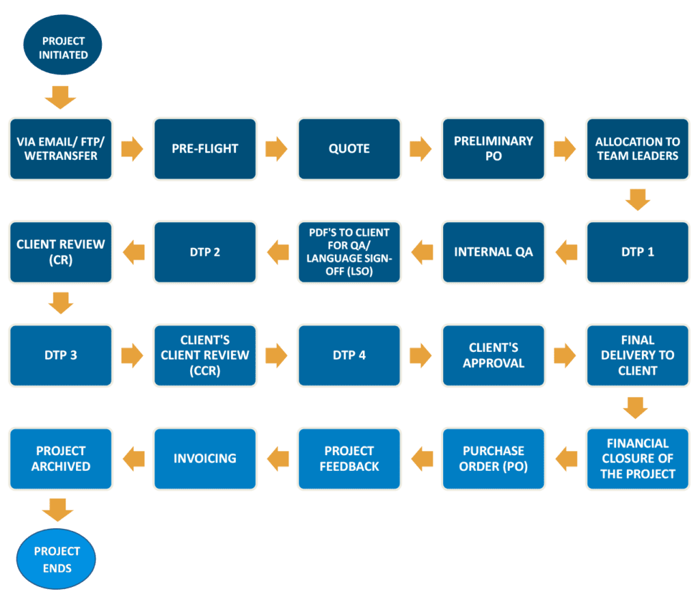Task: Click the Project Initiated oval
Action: click(x=62, y=47)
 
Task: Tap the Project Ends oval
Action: click(x=57, y=559)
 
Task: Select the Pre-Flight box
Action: click(x=205, y=148)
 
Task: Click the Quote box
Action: click(x=349, y=148)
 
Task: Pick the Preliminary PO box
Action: click(x=494, y=148)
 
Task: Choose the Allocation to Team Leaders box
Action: click(x=637, y=148)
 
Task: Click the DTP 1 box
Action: click(x=637, y=251)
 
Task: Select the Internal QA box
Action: click(x=494, y=251)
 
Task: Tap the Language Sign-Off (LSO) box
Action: click(x=349, y=251)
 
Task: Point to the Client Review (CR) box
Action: click(x=61, y=251)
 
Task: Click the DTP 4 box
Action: click(x=349, y=355)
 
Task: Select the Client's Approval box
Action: click(x=494, y=355)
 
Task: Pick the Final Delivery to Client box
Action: click(x=637, y=355)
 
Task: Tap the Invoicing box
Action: click(x=205, y=459)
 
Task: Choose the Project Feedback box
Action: click(x=349, y=459)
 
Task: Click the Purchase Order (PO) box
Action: click(x=494, y=459)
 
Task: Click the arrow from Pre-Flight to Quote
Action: click(x=277, y=148)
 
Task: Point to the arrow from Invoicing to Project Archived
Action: click(x=133, y=459)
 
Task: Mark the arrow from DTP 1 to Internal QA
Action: click(x=565, y=251)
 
